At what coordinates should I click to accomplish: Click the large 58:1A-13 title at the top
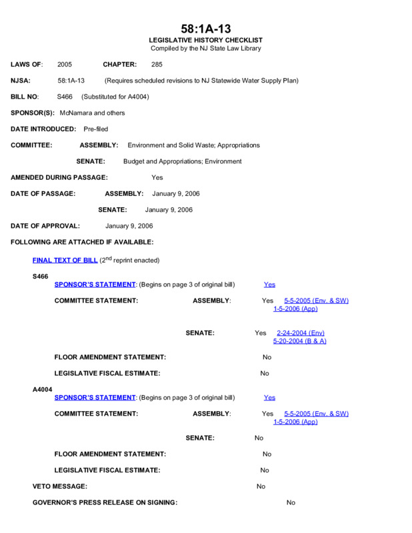coord(205,29)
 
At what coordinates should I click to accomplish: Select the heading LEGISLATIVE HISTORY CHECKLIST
coord(205,41)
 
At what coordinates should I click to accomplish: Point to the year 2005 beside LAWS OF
coord(65,65)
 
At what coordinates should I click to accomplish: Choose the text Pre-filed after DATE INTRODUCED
coord(96,129)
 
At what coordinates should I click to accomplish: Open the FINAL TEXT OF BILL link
coord(65,260)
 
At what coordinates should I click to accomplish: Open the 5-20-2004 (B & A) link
coord(300,341)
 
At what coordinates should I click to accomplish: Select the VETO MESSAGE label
coord(60,486)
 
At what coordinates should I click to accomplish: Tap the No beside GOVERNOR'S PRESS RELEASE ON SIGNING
coord(291,502)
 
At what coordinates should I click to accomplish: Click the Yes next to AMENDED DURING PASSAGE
coord(157,178)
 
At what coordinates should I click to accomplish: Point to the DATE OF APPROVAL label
coord(45,226)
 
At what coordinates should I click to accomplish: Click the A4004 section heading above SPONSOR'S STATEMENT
coord(43,389)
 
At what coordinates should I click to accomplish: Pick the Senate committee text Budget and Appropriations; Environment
coord(182,161)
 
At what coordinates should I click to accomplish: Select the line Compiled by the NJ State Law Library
coord(205,49)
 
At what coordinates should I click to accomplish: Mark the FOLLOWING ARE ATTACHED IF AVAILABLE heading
coord(82,242)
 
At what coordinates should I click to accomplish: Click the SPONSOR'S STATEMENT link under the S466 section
coord(95,284)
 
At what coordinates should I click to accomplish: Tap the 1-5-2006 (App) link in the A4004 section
coord(295,422)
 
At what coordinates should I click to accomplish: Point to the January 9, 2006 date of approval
coord(129,226)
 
